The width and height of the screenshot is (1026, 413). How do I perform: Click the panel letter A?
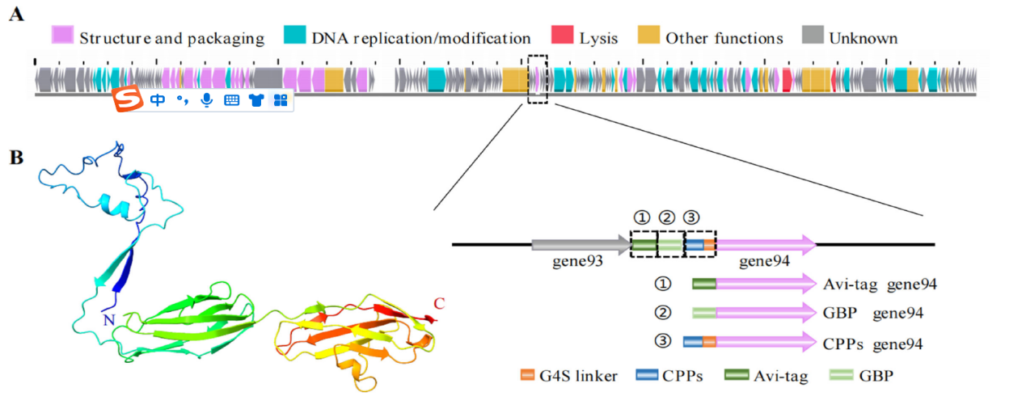tap(15, 15)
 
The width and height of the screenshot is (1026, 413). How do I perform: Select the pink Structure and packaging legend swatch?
tap(63, 36)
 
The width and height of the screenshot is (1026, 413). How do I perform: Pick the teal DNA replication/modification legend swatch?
tap(296, 36)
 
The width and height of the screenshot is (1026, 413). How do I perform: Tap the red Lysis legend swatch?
tap(561, 36)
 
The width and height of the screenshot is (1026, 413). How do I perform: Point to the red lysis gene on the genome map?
tap(787, 80)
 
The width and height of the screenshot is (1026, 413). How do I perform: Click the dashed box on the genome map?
tap(537, 79)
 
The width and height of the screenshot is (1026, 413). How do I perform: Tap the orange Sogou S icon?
tap(125, 99)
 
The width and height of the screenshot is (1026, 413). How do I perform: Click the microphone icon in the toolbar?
tap(207, 99)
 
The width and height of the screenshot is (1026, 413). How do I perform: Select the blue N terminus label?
tap(108, 321)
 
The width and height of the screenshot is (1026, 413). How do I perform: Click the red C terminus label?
tap(440, 304)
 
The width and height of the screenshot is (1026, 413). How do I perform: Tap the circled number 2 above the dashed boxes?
tap(666, 217)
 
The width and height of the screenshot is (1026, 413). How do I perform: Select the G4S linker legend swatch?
tap(527, 375)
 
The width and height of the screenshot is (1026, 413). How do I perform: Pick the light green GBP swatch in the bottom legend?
tap(841, 375)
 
